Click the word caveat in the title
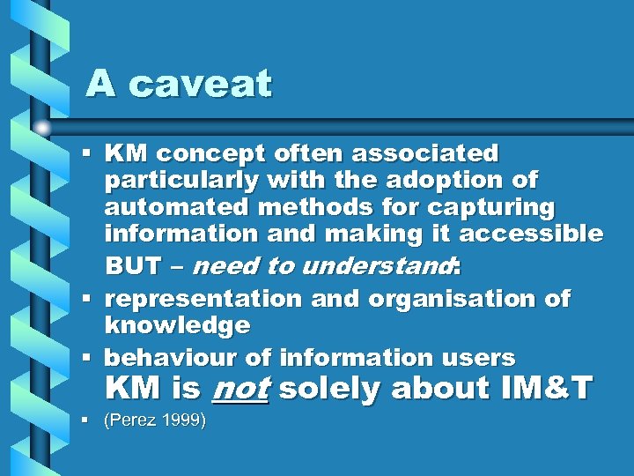pyautogui.click(x=201, y=85)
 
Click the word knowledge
pyautogui.click(x=177, y=325)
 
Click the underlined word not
pyautogui.click(x=241, y=388)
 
